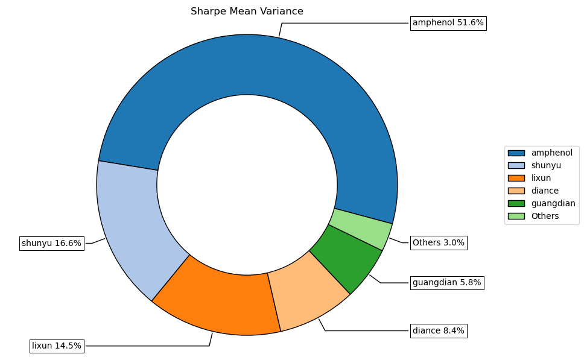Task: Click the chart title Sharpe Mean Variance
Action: click(247, 11)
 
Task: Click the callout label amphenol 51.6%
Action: click(448, 23)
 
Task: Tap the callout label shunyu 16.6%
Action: click(51, 244)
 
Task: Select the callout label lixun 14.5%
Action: click(57, 346)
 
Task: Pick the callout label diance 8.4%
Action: click(439, 330)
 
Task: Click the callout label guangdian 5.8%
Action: click(446, 282)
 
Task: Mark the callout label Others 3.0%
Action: click(439, 242)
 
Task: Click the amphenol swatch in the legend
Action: click(516, 153)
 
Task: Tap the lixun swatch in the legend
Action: click(516, 178)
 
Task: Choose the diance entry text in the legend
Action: click(545, 191)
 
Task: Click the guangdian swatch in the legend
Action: click(516, 203)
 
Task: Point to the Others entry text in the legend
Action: click(545, 216)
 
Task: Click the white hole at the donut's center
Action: click(247, 185)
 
